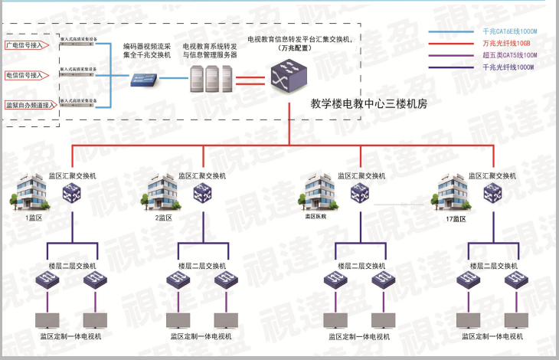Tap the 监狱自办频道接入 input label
click(x=29, y=105)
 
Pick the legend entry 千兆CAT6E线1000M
click(x=508, y=32)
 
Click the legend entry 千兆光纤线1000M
click(x=508, y=67)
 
